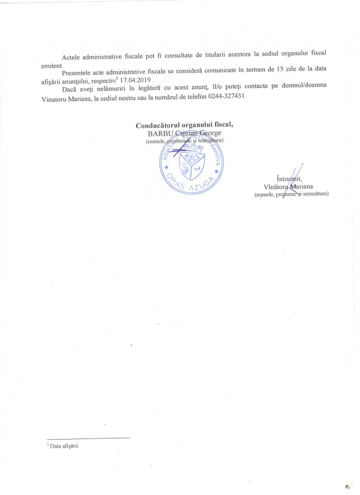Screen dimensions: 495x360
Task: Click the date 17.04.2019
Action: [x=135, y=80]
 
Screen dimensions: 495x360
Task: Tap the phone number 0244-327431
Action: [x=227, y=96]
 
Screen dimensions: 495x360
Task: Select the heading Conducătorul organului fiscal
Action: [x=184, y=125]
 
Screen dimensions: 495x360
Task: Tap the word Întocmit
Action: [x=289, y=179]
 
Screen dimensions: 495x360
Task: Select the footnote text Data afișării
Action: [x=64, y=446]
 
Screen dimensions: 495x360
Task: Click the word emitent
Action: [x=52, y=66]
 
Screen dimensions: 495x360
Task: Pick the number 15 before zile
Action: [x=280, y=69]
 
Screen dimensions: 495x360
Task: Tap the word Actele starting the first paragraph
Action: [x=71, y=57]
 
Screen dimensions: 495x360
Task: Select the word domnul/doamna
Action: [x=304, y=85]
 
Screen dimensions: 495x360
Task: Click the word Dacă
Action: [x=69, y=89]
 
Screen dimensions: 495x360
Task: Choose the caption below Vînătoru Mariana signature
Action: [x=291, y=194]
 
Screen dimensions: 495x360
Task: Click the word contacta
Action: [x=256, y=86]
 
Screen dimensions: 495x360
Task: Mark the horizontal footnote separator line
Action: [x=88, y=438]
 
